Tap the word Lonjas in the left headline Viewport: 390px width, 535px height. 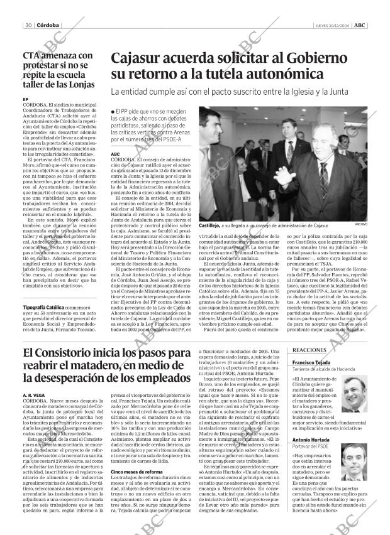79,84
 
